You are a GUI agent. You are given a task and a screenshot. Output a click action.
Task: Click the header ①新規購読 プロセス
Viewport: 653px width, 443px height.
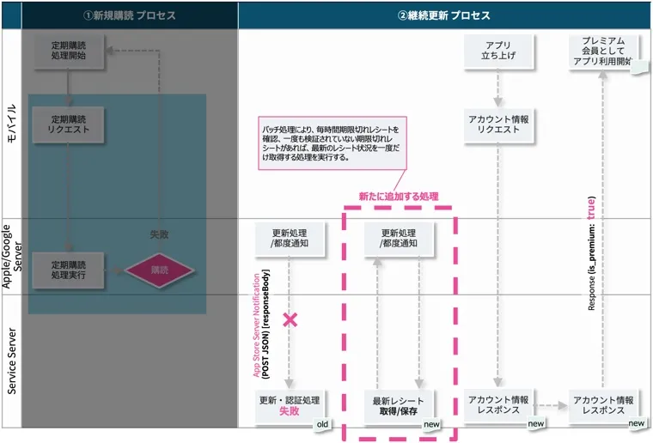(129, 15)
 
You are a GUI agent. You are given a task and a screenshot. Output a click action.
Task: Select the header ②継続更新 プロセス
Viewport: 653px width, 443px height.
(444, 15)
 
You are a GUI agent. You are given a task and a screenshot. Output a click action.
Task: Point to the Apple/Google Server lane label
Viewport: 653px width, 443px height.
(11, 257)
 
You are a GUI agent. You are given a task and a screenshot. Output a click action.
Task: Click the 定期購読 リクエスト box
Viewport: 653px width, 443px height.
(68, 124)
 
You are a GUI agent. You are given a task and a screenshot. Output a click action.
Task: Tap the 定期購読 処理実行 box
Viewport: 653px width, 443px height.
(68, 270)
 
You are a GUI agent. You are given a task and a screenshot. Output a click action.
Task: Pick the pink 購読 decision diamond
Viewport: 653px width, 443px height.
(160, 270)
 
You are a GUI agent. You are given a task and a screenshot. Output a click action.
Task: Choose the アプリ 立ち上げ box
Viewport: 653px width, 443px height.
(498, 52)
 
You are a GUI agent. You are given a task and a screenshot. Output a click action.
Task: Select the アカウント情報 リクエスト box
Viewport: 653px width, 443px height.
(498, 124)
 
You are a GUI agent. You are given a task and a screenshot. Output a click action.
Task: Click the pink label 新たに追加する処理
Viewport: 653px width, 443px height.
(399, 197)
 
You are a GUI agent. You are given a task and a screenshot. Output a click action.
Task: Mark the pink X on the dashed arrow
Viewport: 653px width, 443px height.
(290, 319)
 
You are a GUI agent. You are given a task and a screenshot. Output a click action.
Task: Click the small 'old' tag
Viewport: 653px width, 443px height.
(323, 424)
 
